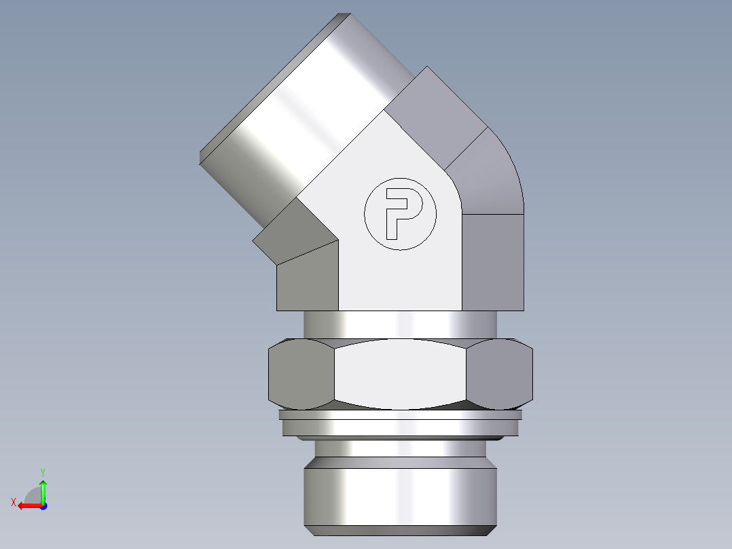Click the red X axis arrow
coord(27,505)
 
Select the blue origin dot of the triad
coord(43,506)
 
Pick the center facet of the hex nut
coord(401,374)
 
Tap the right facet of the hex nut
coord(500,374)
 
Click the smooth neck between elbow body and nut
coord(401,324)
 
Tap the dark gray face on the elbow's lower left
coord(308,279)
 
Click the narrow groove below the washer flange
coord(400,448)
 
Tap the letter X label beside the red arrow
coord(14,502)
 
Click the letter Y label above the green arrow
coord(43,471)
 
